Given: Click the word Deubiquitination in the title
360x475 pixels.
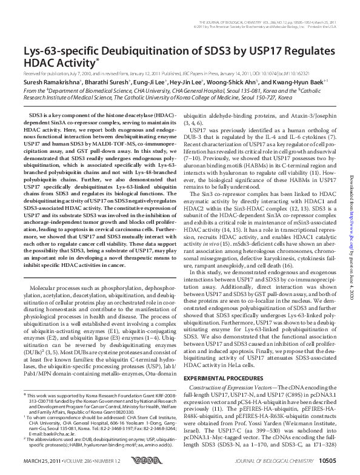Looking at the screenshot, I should (x=138, y=50).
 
